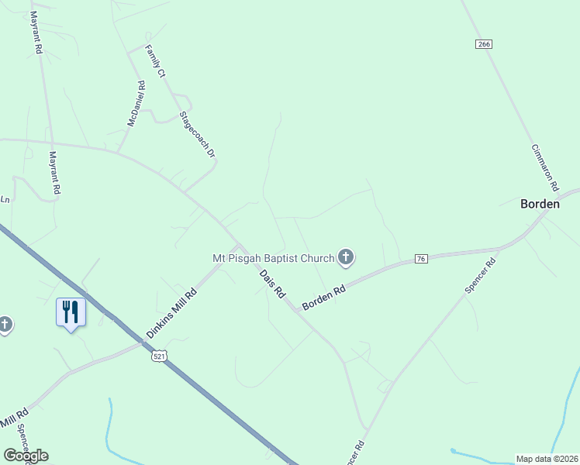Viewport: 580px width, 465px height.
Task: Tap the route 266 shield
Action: click(485, 44)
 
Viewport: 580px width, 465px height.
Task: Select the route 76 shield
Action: click(421, 258)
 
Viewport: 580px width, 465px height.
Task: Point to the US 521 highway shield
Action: click(159, 356)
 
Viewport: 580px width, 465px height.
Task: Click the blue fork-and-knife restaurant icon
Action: click(71, 312)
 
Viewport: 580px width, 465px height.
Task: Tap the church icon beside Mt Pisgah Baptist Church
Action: click(346, 257)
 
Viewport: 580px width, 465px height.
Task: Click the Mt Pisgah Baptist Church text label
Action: click(273, 258)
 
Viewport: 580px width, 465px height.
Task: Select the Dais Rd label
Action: click(273, 284)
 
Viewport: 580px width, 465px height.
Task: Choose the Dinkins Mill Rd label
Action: click(171, 312)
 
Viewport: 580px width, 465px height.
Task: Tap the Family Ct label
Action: click(156, 62)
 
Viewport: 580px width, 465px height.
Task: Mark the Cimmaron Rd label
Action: click(545, 167)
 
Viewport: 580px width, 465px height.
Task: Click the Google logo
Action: click(26, 456)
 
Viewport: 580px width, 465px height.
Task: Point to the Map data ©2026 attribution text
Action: click(547, 459)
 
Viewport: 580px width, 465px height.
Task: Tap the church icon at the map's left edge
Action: click(5, 325)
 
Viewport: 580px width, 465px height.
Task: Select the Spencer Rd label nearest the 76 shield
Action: click(480, 275)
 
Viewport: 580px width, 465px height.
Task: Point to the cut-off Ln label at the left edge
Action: click(5, 200)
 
